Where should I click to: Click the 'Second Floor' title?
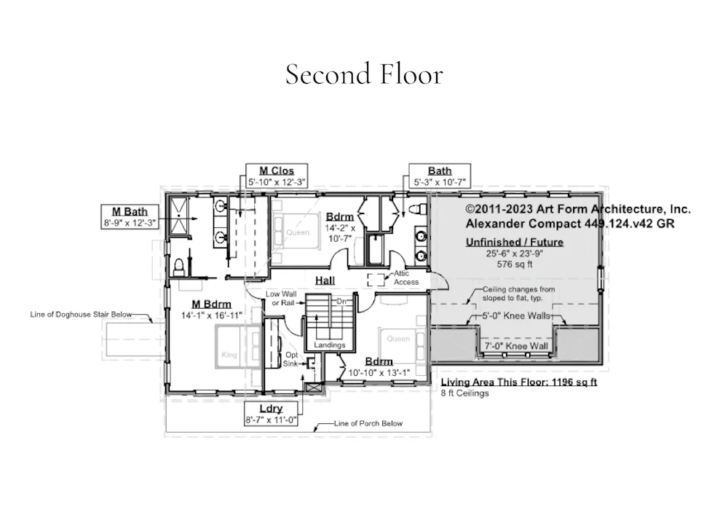point(364,74)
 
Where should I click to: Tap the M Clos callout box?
point(276,176)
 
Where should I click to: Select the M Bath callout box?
point(130,217)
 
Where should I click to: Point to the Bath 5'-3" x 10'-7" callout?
point(440,176)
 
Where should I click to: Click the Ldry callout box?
point(271,414)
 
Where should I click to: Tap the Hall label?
point(325,280)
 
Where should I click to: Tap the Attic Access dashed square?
point(376,280)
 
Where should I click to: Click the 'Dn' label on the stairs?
point(341,302)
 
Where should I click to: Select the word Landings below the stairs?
point(330,345)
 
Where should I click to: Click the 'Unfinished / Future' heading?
point(515,242)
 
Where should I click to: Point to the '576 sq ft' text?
point(515,264)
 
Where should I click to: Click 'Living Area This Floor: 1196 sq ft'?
point(518,382)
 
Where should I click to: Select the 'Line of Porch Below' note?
point(368,423)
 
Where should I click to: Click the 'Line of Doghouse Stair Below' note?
point(81,315)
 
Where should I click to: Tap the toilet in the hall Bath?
point(419,208)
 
